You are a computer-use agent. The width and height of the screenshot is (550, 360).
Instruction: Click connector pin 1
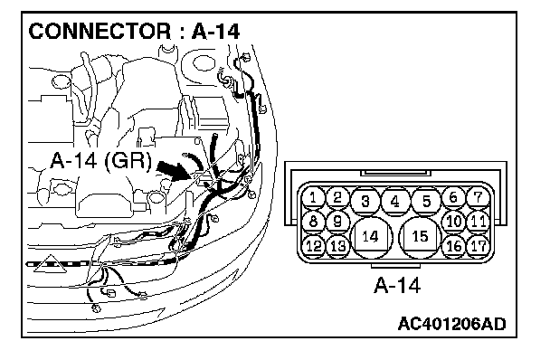[313, 198]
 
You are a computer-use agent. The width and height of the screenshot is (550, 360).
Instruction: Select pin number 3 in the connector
[365, 201]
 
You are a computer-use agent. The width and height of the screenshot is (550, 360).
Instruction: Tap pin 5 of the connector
[426, 201]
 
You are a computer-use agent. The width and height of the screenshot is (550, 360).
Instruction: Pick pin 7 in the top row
[479, 198]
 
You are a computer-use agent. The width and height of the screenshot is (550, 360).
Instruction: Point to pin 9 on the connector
[337, 222]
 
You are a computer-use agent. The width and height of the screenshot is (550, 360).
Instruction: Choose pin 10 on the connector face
[454, 222]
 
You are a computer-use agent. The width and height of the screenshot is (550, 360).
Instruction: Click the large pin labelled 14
[370, 237]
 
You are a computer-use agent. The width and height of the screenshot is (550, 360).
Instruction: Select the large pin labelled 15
[420, 237]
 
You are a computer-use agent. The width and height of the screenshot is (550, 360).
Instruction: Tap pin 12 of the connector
[313, 246]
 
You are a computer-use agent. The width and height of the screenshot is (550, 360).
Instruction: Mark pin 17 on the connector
[479, 246]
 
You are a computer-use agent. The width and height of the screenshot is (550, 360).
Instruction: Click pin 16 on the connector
[454, 246]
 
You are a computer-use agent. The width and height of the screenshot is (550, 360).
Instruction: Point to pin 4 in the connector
[395, 201]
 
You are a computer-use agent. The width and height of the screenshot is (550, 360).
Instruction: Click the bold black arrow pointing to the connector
[174, 171]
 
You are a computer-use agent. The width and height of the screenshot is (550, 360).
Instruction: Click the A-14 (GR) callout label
[101, 160]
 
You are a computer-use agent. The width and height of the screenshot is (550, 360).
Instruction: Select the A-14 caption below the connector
[397, 285]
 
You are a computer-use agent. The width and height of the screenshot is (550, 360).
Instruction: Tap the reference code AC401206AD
[451, 324]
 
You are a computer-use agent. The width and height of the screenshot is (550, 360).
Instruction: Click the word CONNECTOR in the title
[100, 32]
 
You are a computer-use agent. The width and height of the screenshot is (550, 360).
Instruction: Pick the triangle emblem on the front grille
[51, 264]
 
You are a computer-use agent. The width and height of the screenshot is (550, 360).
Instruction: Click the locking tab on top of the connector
[395, 173]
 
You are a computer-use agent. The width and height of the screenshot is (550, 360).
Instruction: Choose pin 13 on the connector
[337, 246]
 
